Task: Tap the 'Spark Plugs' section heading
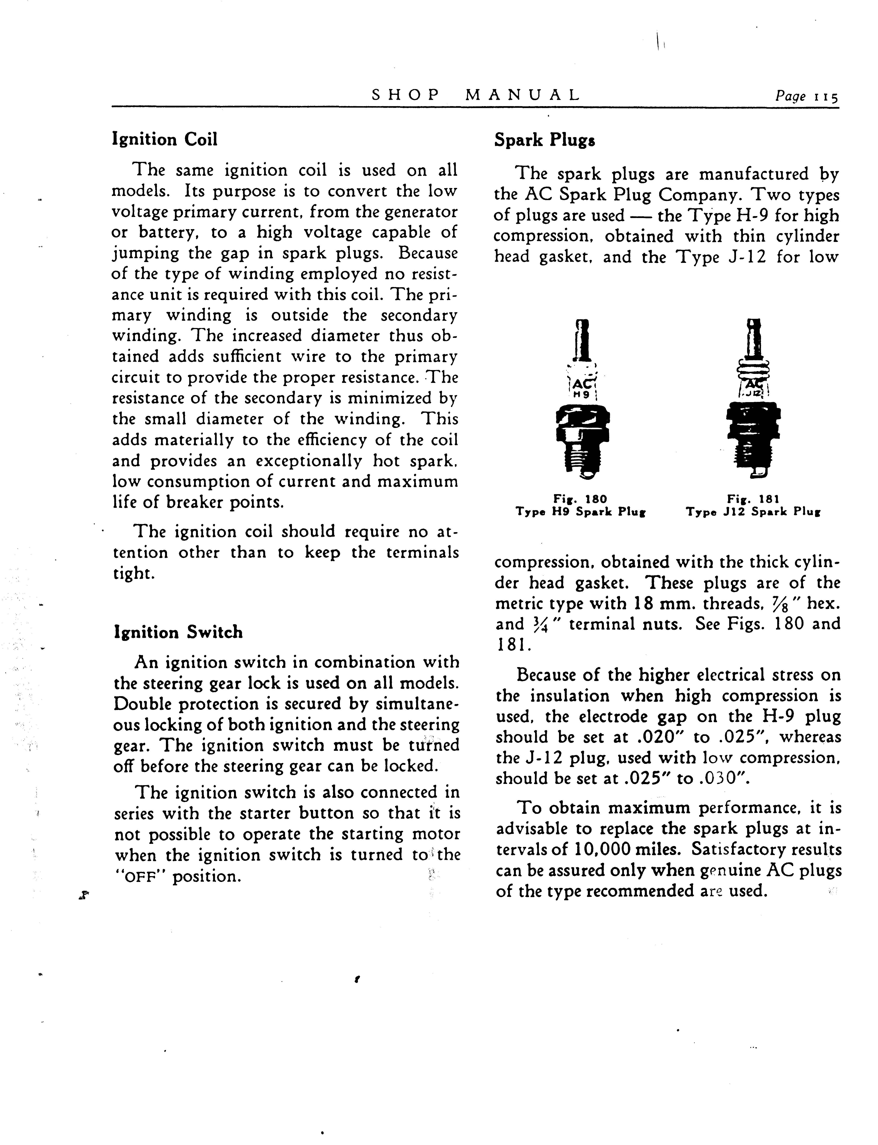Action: tap(544, 140)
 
